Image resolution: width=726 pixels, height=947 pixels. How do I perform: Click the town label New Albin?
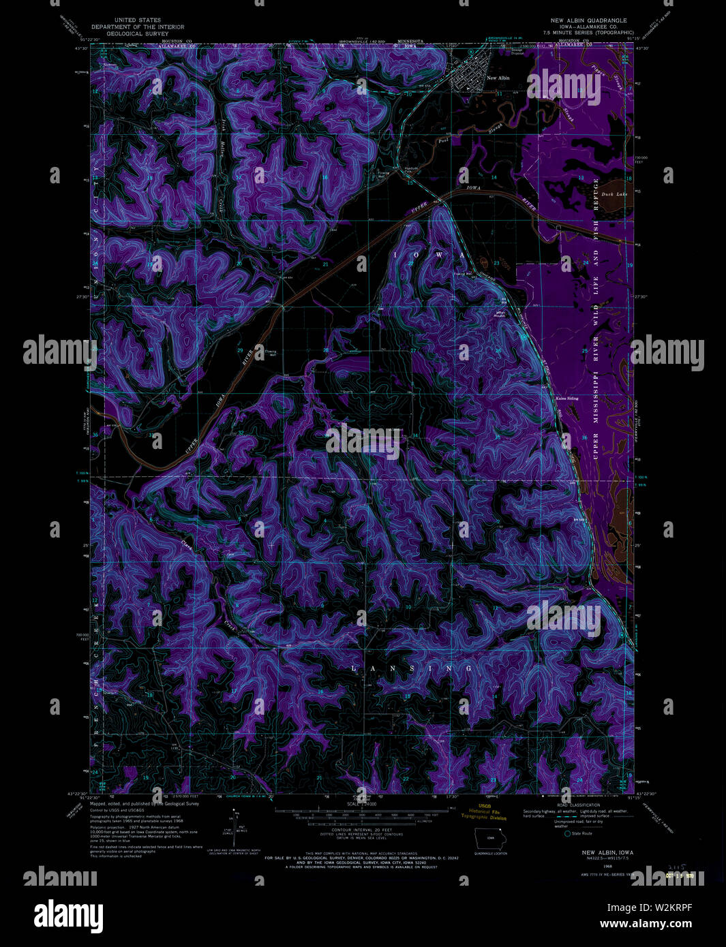[x=498, y=78]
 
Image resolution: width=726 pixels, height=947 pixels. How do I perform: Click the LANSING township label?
[x=411, y=669]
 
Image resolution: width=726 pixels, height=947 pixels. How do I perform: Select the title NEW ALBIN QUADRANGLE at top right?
[x=588, y=20]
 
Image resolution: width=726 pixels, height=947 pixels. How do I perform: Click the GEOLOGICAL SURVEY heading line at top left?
[x=138, y=33]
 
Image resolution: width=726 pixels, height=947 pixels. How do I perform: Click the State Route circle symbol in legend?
[x=567, y=833]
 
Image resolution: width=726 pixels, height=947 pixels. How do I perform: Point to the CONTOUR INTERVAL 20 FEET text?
[x=355, y=829]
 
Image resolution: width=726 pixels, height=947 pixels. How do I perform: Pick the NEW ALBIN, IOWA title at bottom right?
[x=607, y=852]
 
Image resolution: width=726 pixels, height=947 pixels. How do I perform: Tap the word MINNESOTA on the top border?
[x=410, y=42]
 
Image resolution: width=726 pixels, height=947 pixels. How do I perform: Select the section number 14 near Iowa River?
[x=494, y=177]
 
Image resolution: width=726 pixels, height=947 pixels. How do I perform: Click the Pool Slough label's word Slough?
[x=497, y=127]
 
